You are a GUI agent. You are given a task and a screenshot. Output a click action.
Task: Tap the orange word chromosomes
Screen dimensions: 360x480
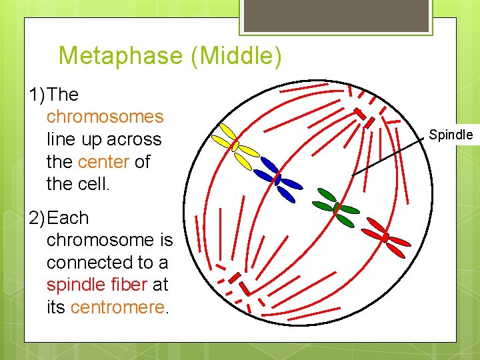point(105,117)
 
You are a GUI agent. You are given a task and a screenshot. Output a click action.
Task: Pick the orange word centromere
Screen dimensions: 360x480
point(117,308)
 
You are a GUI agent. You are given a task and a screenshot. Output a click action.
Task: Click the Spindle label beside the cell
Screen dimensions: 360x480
point(451,135)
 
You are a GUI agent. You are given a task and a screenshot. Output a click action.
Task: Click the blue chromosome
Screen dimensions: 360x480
point(278,179)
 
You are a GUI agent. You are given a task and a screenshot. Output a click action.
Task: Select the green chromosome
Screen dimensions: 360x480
point(337,207)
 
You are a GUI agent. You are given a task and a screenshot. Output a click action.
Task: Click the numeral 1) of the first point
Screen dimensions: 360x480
point(38,95)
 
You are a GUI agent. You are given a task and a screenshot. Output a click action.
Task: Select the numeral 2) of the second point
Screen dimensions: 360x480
point(38,218)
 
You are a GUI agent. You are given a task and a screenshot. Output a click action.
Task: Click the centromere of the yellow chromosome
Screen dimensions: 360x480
point(235,145)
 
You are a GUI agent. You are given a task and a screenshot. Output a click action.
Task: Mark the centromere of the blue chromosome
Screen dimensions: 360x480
point(278,179)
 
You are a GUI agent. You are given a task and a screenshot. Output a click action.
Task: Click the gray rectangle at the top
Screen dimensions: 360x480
point(335,15)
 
